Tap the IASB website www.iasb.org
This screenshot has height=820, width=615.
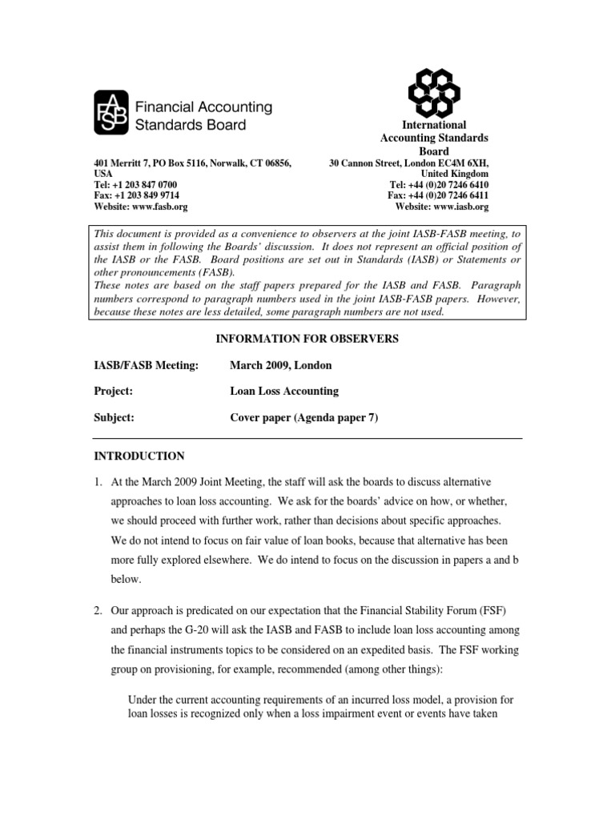click(460, 206)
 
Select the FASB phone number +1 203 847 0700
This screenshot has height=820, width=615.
click(145, 183)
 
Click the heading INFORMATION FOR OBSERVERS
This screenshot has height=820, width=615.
click(307, 339)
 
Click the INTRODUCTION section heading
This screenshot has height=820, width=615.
click(139, 456)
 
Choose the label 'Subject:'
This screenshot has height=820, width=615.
click(114, 417)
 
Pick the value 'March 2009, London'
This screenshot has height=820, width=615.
click(280, 365)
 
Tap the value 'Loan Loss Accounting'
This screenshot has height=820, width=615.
click(284, 391)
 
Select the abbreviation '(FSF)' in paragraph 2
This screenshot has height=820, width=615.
click(504, 612)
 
